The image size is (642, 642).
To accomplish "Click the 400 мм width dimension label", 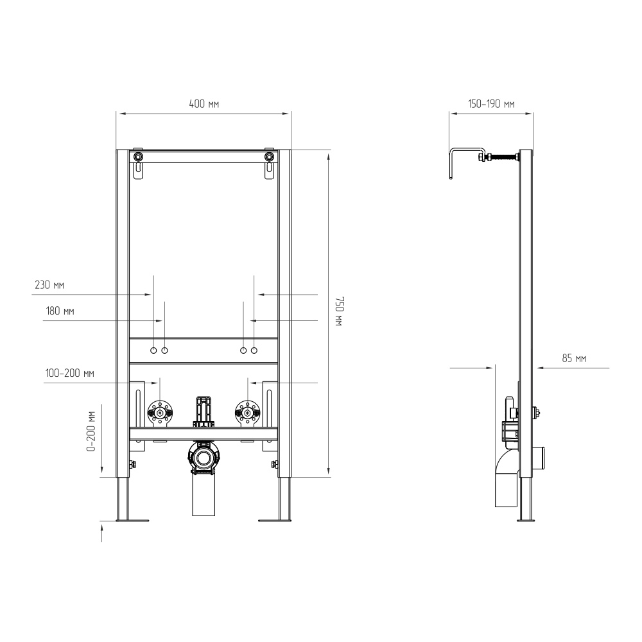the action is [x=204, y=104].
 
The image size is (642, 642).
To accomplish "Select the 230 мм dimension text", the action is [x=49, y=285].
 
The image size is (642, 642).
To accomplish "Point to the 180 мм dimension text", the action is [x=60, y=311].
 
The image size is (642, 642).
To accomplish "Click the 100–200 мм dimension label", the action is [x=69, y=374].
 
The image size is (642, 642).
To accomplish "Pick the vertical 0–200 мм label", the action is [x=91, y=431].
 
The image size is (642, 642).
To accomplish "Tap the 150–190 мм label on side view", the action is [x=491, y=104].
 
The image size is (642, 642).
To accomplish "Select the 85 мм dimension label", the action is [x=574, y=359].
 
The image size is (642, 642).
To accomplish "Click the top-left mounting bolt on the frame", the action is [x=139, y=157].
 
